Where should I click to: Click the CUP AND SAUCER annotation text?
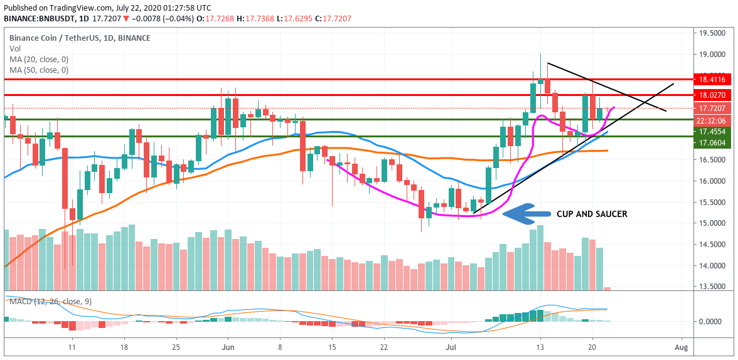point(592,214)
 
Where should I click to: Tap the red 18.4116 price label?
point(712,80)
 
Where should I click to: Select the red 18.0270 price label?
point(712,95)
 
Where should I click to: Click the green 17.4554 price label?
point(712,132)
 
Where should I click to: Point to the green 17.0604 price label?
point(712,143)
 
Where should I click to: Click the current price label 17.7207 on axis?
point(712,109)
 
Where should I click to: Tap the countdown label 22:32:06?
point(712,120)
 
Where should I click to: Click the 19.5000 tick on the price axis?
point(712,33)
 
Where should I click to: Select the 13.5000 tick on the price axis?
point(712,287)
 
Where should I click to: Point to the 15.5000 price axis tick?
point(712,203)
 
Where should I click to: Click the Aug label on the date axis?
point(682,347)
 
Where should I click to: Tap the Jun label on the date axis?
point(228,347)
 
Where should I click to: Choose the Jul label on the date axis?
point(451,347)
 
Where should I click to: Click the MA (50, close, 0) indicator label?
point(39,70)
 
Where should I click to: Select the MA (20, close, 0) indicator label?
point(39,59)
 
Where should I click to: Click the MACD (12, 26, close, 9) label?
point(50,302)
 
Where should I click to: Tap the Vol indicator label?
point(14,48)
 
